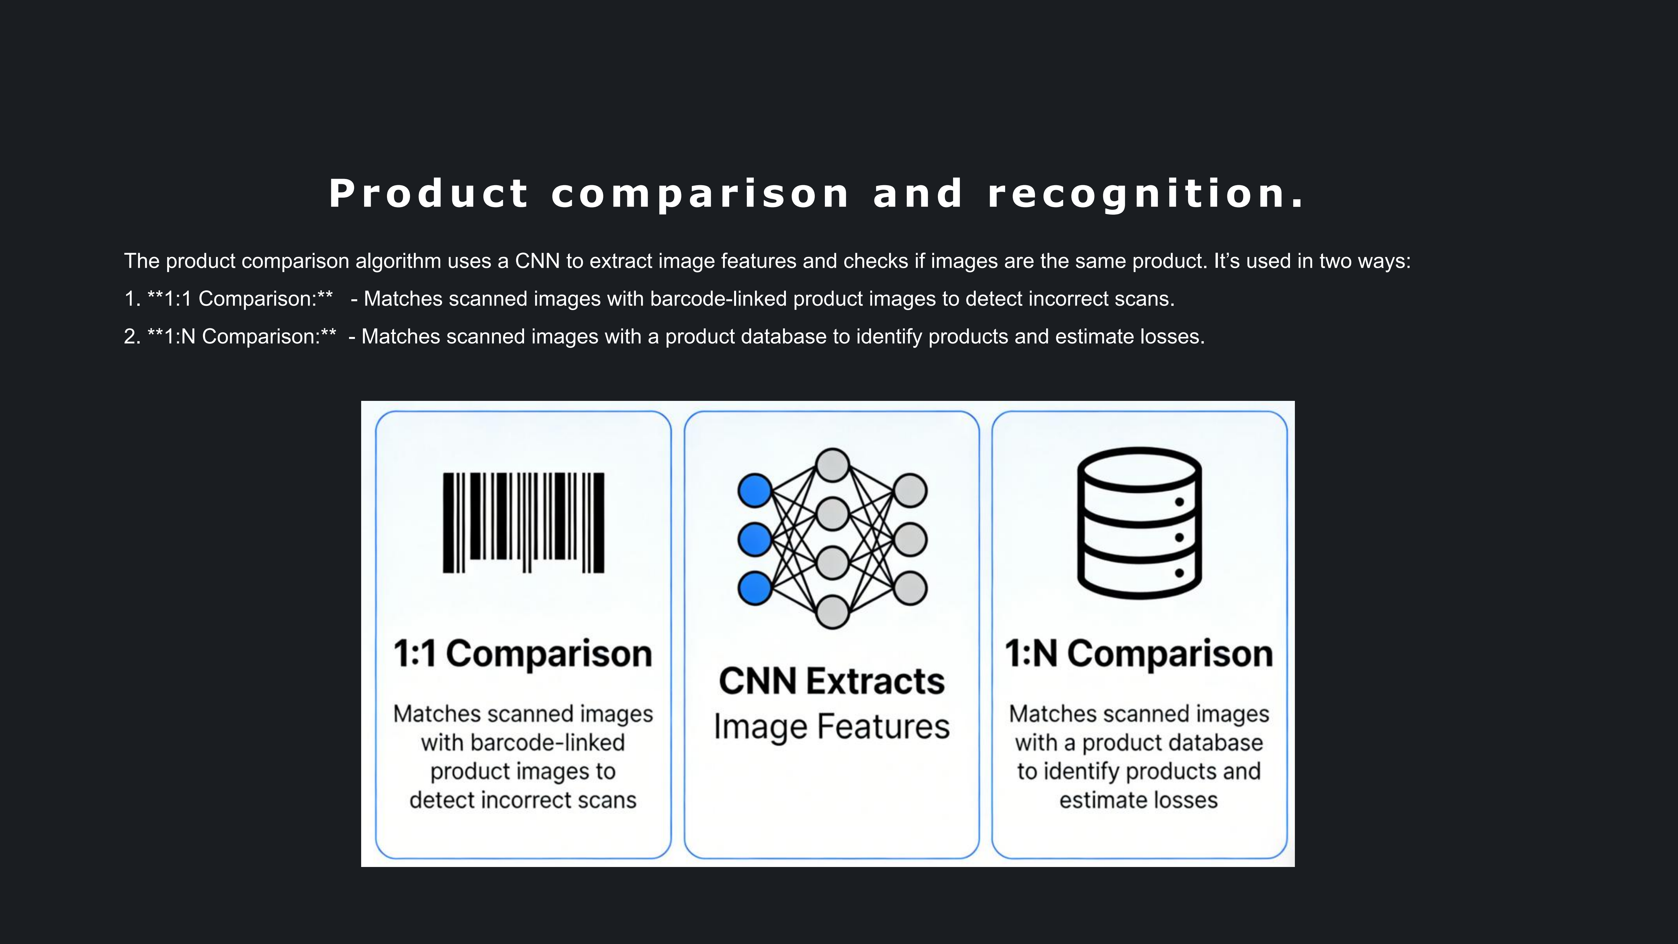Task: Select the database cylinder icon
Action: (1139, 522)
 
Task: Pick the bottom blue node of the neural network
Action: (754, 588)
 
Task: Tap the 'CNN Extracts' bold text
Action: (832, 681)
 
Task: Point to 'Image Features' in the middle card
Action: (832, 726)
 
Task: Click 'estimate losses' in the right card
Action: (1139, 800)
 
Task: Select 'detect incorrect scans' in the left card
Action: (523, 800)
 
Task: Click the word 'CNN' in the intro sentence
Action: (537, 261)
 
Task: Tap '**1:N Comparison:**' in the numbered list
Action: (242, 337)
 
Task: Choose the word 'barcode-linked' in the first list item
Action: (718, 299)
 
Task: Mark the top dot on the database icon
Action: (1179, 501)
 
